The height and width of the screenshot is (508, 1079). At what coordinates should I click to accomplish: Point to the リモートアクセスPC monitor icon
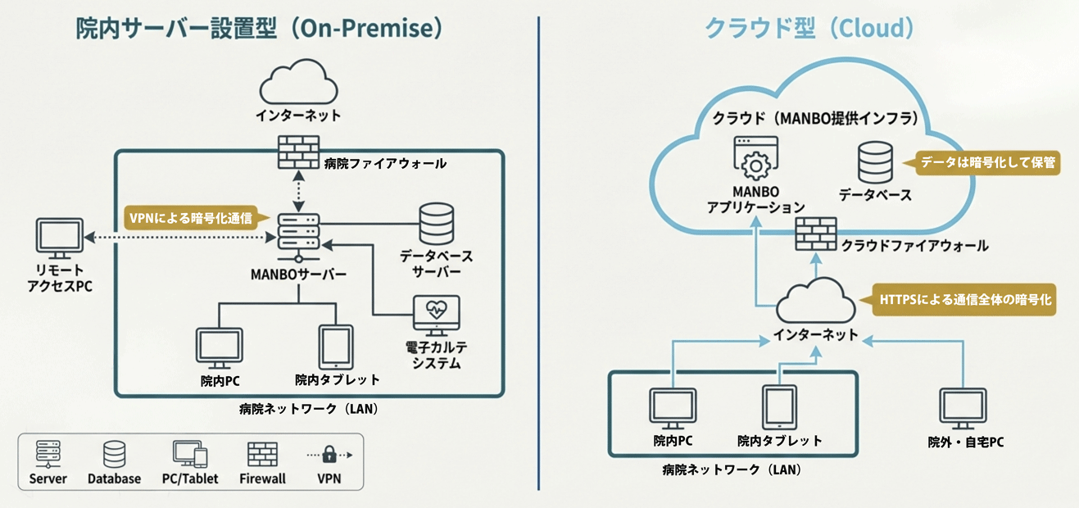coord(60,238)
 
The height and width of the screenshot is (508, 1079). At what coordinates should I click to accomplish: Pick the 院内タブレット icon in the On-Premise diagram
coord(336,346)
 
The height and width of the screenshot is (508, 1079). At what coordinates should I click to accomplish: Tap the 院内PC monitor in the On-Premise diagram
coord(220,347)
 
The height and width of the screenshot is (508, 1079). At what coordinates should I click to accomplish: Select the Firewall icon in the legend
coord(262,455)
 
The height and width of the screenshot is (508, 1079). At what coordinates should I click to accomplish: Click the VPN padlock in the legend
coord(329,454)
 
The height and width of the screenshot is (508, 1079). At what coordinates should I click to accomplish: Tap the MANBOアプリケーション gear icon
coord(755,159)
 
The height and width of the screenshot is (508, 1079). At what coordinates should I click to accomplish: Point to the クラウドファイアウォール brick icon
coord(816,234)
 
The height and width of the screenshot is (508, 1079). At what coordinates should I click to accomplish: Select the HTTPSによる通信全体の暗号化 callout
coord(965,300)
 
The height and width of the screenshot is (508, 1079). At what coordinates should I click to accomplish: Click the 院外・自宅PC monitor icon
coord(963,409)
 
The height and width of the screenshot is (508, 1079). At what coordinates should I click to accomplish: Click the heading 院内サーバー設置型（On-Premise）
coord(259,29)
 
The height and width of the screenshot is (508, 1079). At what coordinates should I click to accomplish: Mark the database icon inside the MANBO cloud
coord(875,163)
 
